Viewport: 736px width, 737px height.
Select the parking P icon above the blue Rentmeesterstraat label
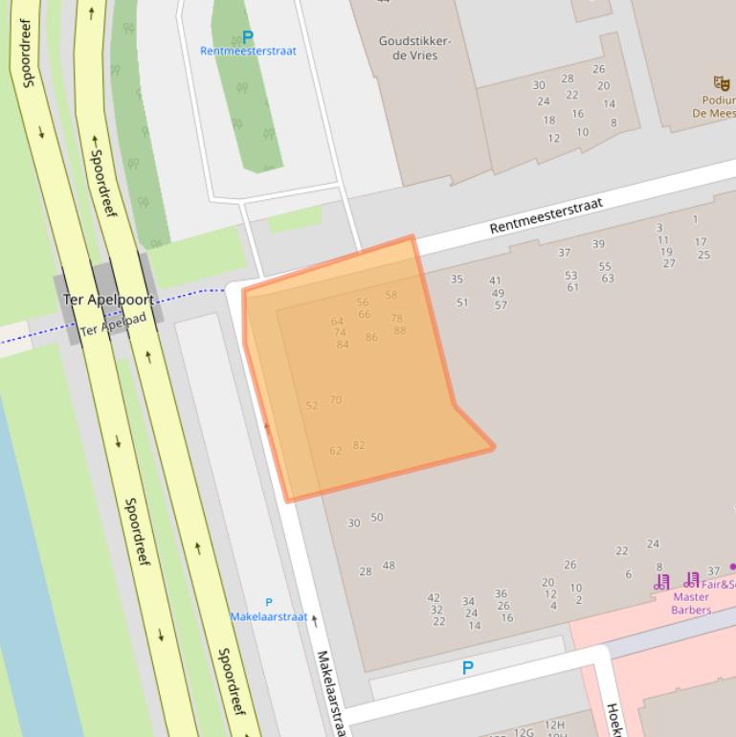click(248, 37)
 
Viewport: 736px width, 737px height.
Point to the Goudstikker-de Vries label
click(414, 49)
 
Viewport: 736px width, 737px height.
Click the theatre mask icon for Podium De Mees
click(721, 84)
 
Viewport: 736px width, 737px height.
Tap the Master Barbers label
click(690, 603)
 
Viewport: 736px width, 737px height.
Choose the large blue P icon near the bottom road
click(468, 668)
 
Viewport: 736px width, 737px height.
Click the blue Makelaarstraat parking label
click(269, 616)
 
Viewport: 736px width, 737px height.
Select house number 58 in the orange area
click(391, 295)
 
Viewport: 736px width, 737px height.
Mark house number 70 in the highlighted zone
click(335, 399)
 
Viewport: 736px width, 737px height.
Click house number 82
click(359, 445)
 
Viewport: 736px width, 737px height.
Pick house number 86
click(371, 337)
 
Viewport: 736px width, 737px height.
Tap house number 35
click(457, 279)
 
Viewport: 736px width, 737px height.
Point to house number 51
click(462, 302)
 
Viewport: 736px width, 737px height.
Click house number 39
click(598, 244)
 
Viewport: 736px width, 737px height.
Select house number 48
click(389, 566)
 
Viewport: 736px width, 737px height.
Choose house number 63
click(608, 279)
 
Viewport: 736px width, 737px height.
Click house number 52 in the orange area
click(311, 406)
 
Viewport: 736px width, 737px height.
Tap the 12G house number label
click(524, 732)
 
